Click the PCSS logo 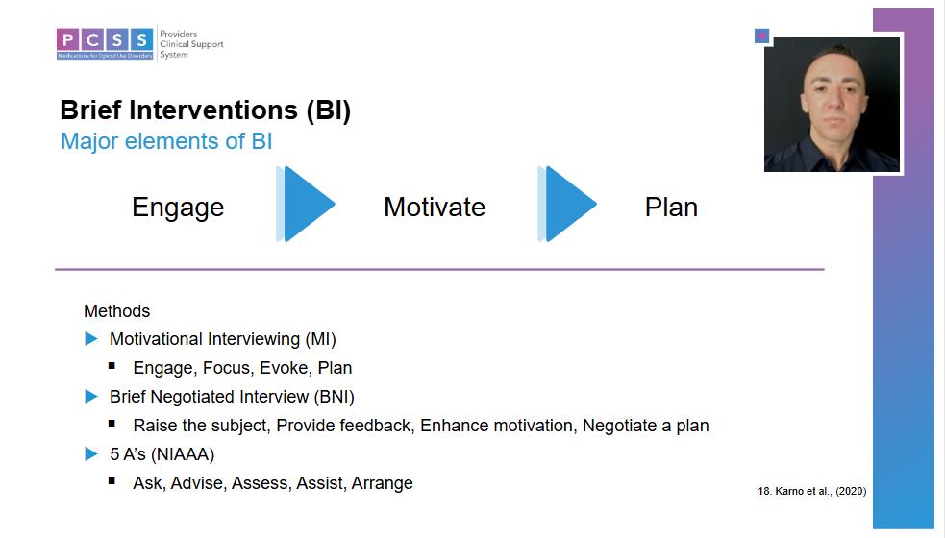[x=139, y=44]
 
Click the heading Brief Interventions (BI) [x=206, y=110]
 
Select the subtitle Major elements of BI [x=166, y=141]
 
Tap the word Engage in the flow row [x=178, y=208]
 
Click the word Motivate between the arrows [x=435, y=208]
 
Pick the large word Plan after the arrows [x=671, y=208]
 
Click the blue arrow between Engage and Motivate [x=306, y=205]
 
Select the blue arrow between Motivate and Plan [x=567, y=205]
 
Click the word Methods [x=117, y=311]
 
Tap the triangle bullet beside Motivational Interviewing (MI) [x=91, y=338]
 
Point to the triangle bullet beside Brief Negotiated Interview [x=91, y=397]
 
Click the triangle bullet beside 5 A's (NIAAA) [x=91, y=453]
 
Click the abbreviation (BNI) [x=334, y=397]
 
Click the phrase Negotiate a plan [x=645, y=426]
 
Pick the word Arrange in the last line [x=382, y=483]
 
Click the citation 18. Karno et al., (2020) [x=811, y=491]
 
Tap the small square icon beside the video [x=761, y=37]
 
